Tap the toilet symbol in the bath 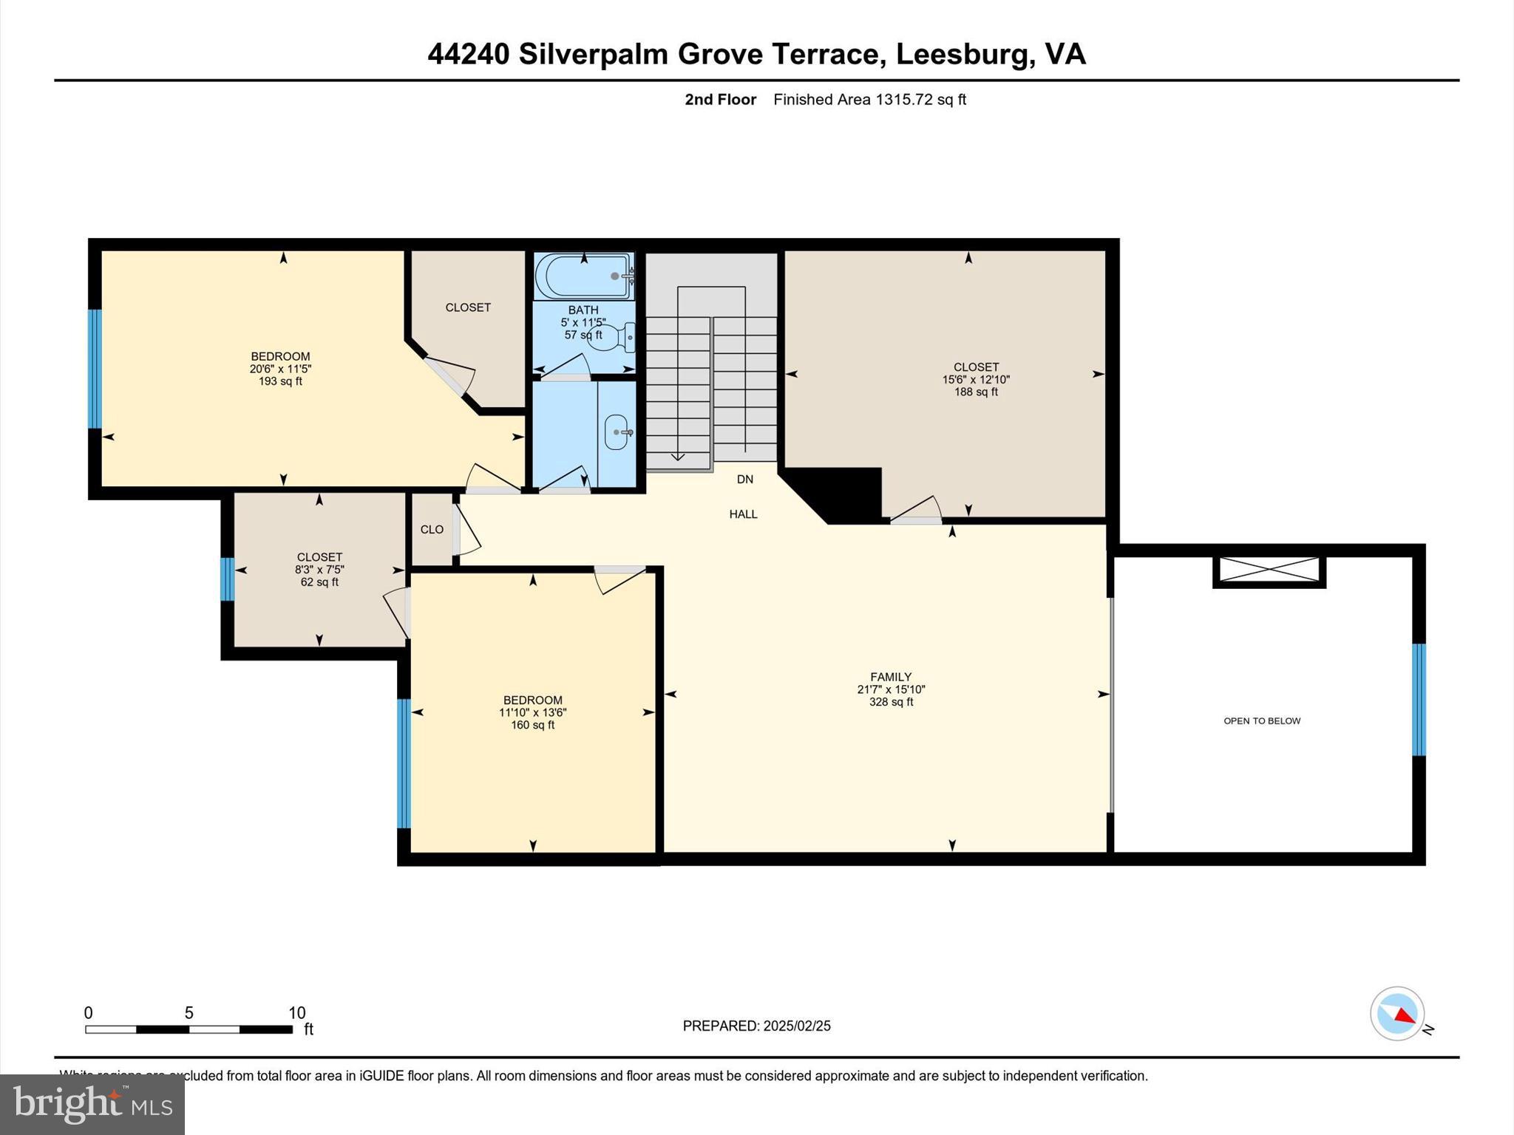pos(613,338)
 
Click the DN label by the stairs pos(744,480)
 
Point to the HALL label pos(743,514)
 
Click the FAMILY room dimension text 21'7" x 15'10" pos(891,689)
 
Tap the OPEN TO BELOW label pos(1261,721)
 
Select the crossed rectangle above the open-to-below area pos(1269,570)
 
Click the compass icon pos(1396,1013)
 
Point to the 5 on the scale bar pos(189,1013)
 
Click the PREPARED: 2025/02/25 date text pos(756,1026)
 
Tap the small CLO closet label pos(432,530)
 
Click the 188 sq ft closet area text pos(976,392)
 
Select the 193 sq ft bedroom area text pos(280,382)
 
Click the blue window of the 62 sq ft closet pos(228,579)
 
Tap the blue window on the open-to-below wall pos(1419,699)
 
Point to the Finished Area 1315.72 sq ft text pos(869,100)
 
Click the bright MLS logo pos(92,1104)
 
